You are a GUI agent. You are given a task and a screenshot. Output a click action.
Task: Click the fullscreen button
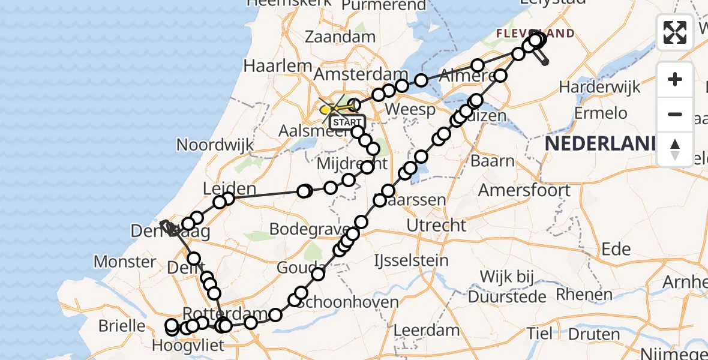(x=675, y=32)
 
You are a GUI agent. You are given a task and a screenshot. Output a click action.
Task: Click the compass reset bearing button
(x=675, y=149)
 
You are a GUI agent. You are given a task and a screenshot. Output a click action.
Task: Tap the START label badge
(x=347, y=122)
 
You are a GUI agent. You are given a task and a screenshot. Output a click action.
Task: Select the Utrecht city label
(x=436, y=226)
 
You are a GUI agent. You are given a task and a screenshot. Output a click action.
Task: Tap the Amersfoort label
(x=524, y=190)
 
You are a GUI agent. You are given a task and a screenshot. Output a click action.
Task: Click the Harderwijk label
(x=599, y=87)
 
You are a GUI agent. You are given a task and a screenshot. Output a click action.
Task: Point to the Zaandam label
(x=340, y=36)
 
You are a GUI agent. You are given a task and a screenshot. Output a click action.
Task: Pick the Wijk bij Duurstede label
(x=507, y=286)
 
